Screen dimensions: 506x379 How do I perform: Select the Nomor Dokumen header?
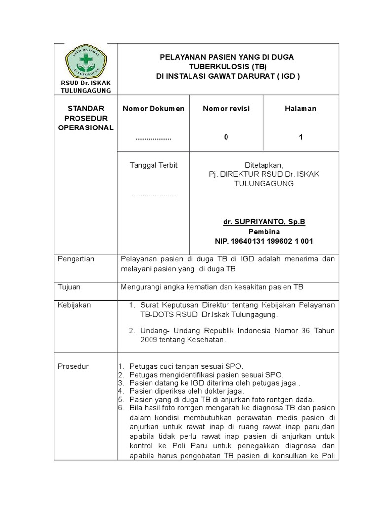pyautogui.click(x=153, y=109)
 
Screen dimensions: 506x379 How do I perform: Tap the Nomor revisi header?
pyautogui.click(x=226, y=109)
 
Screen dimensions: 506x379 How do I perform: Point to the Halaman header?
pyautogui.click(x=300, y=109)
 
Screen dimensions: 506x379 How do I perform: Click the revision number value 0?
pyautogui.click(x=226, y=138)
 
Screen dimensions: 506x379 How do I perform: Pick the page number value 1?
pyautogui.click(x=300, y=138)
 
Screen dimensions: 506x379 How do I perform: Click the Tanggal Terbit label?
pyautogui.click(x=153, y=165)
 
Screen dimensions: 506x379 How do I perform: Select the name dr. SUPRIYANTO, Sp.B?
pyautogui.click(x=264, y=222)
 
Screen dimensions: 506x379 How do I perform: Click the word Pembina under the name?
pyautogui.click(x=264, y=232)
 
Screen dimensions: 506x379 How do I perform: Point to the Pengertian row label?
pyautogui.click(x=76, y=259)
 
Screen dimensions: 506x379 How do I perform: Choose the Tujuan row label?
pyautogui.click(x=69, y=287)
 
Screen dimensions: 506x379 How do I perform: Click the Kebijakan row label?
pyautogui.click(x=75, y=305)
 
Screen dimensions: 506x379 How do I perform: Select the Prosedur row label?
pyautogui.click(x=73, y=367)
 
